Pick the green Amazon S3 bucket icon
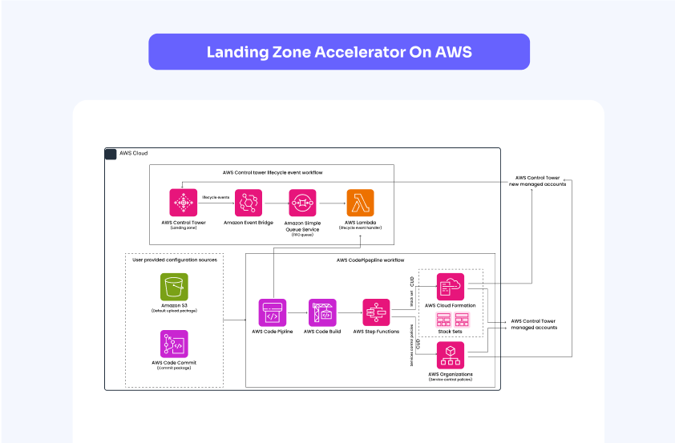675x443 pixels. coord(174,287)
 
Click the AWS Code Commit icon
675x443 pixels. coord(174,344)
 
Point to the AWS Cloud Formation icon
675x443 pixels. coord(451,286)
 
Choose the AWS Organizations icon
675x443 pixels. coord(451,355)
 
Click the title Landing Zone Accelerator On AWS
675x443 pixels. coord(339,52)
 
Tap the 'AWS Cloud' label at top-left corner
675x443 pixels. coord(133,153)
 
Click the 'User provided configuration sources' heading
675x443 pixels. coord(174,260)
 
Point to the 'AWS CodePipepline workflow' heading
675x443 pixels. coord(370,260)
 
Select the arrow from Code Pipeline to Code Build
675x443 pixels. coord(297,313)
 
